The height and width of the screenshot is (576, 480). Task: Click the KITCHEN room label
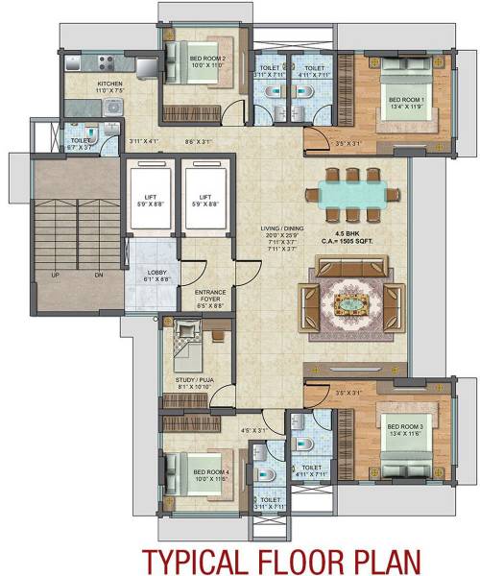tap(110, 84)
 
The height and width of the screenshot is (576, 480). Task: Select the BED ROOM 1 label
tap(403, 99)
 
